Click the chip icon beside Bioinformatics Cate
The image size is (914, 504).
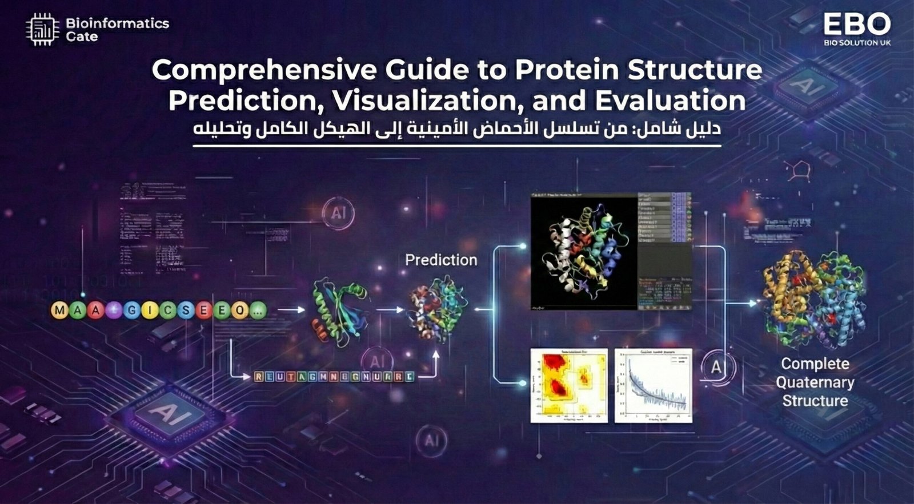pos(42,30)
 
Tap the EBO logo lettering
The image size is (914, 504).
pos(856,25)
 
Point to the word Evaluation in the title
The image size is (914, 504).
pos(670,100)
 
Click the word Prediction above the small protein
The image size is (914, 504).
pos(440,260)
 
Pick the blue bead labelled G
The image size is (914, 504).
pos(132,311)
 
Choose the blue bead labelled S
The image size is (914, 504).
pos(186,311)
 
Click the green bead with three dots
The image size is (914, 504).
pos(258,311)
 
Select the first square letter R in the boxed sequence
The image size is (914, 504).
pos(259,377)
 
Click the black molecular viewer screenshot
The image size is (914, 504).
pos(584,252)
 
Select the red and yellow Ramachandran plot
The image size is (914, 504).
pos(569,385)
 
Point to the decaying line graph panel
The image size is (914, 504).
pos(653,385)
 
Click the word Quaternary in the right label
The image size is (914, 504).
pos(815,382)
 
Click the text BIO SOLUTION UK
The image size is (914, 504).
pos(857,43)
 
